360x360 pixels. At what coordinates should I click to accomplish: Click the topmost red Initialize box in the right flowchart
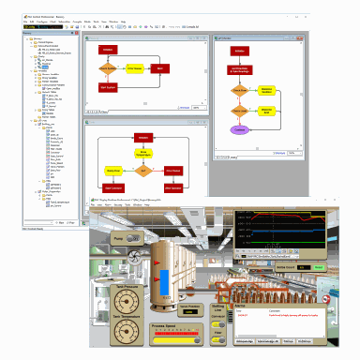click(238, 51)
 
